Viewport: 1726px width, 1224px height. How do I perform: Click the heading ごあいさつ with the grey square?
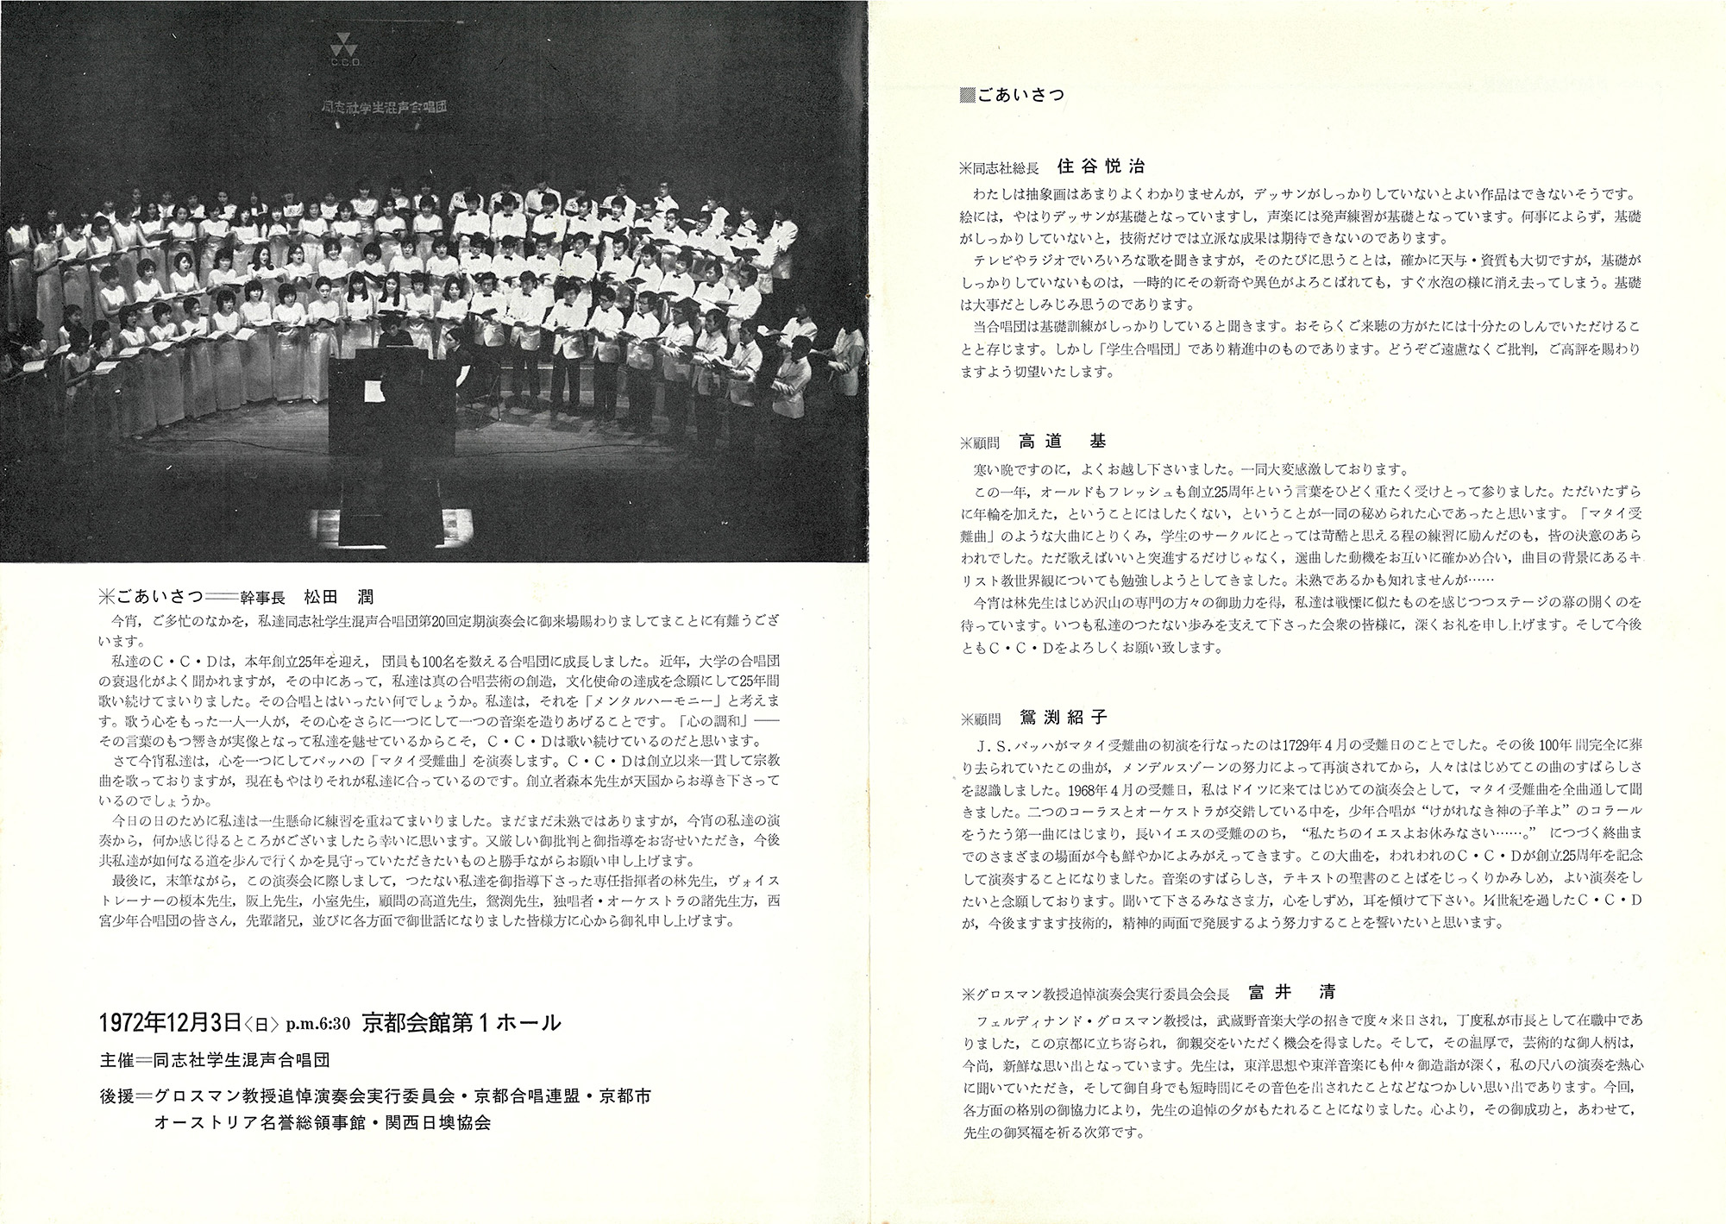tap(1012, 96)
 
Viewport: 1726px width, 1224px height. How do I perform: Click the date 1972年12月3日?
tap(170, 1022)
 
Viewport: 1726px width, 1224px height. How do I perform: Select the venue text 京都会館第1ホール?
tap(461, 1022)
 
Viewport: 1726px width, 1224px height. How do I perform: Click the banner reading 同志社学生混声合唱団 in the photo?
tap(387, 108)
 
